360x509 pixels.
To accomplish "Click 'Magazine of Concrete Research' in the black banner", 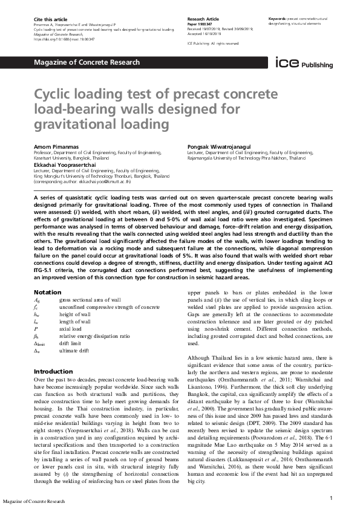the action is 87,62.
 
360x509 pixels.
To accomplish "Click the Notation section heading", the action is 47,293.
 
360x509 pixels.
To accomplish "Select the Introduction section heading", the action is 53,371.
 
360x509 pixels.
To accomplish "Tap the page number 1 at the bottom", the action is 332,497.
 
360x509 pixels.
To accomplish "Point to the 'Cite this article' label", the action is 50,19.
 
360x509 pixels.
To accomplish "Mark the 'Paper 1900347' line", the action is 200,24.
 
